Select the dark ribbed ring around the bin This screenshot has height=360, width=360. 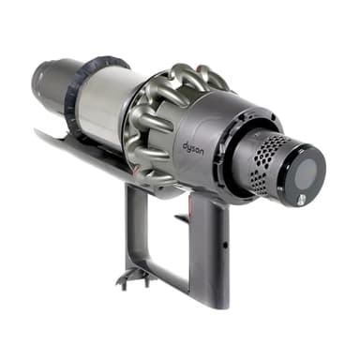[78, 94]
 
